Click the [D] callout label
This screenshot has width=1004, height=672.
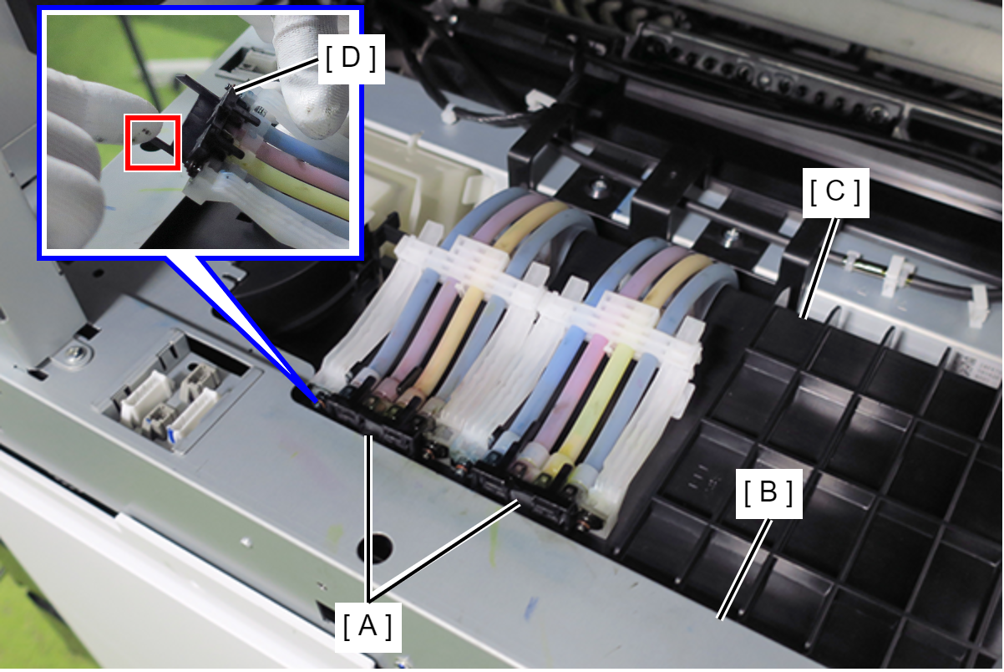click(x=351, y=59)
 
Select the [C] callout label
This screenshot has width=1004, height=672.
click(x=835, y=192)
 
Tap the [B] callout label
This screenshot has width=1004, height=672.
click(x=768, y=493)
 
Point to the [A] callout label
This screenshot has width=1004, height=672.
click(x=368, y=627)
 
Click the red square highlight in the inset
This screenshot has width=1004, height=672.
click(x=153, y=143)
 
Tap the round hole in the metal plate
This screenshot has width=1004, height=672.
click(x=375, y=547)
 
